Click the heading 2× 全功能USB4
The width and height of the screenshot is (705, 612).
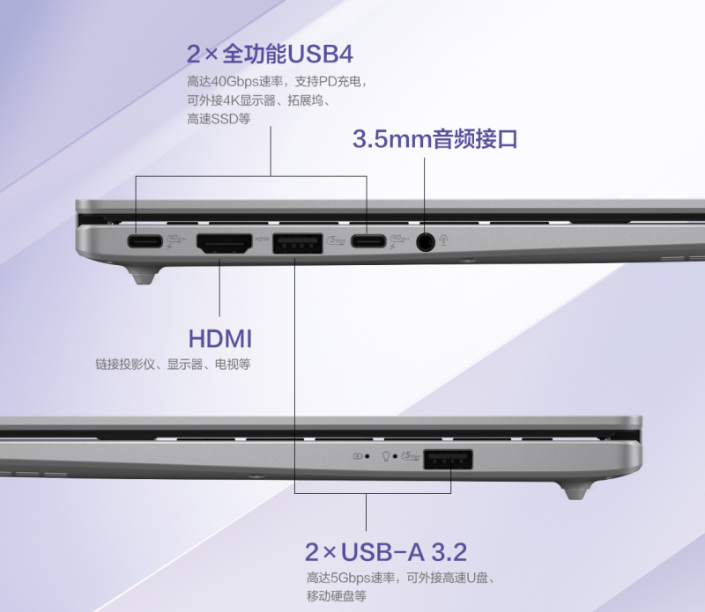pos(270,55)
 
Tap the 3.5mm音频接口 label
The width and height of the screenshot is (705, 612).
pos(434,139)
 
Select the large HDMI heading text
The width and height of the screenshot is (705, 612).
pos(219,338)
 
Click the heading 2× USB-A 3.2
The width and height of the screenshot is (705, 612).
pos(386,552)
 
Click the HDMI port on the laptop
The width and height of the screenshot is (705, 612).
pos(224,243)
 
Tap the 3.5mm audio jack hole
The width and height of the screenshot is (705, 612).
pos(425,242)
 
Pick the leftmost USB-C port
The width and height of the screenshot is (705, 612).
pos(145,242)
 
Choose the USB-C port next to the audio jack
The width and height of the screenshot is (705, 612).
pos(368,242)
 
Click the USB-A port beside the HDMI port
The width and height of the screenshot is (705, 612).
pos(297,243)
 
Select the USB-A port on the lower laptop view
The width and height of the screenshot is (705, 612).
pos(448,460)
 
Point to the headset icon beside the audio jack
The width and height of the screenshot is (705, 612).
pos(444,240)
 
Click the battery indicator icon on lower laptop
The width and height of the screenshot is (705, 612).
pos(358,456)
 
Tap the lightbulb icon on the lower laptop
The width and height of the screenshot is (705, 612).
pos(386,456)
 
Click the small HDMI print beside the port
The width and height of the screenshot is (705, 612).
pos(262,240)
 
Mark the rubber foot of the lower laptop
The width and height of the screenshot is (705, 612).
pos(576,490)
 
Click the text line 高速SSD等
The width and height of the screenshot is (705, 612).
pos(219,119)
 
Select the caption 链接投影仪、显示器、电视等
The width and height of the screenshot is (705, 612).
pos(173,364)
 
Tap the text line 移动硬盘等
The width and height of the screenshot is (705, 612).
pos(337,596)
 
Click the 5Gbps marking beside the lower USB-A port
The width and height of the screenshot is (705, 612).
pos(411,455)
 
